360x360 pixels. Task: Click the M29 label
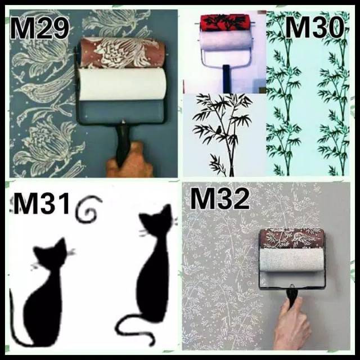tap(39, 28)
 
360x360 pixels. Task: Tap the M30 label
tap(316, 28)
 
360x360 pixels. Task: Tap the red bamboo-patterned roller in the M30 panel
tap(225, 22)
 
